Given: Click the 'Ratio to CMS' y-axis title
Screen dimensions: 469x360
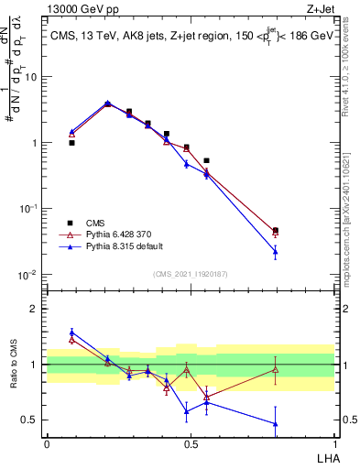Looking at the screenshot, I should [x=15, y=364].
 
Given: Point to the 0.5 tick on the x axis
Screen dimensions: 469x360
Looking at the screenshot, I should [x=191, y=444].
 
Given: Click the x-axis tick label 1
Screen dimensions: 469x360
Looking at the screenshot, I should [x=334, y=444].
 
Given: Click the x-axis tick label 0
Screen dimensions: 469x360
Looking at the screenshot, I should [x=47, y=444].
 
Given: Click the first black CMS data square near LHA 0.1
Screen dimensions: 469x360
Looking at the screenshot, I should [x=71, y=143].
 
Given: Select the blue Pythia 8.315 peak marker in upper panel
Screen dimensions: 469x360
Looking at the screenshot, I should [x=108, y=103].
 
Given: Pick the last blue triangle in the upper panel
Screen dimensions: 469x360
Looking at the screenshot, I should [x=276, y=251].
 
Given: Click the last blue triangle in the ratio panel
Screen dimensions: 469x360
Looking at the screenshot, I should [x=276, y=423].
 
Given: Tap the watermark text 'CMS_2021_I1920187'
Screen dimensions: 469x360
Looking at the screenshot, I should [x=191, y=273].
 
